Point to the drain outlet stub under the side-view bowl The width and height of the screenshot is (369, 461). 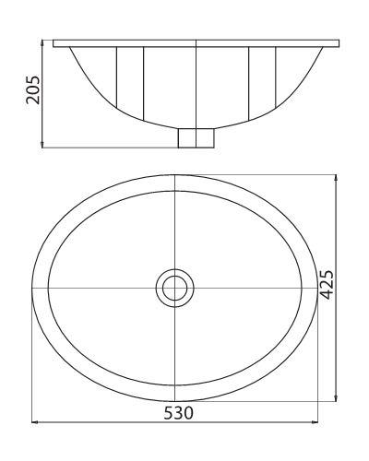pos(195,137)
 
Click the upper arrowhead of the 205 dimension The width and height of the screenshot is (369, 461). pos(44,42)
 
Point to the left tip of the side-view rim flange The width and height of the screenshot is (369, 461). pos(54,42)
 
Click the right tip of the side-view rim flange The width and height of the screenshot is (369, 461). pos(338,42)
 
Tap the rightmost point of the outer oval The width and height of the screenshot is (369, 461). pos(315,288)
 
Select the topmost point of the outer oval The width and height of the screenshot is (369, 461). pos(173,175)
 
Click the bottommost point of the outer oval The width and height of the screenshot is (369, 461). pos(173,401)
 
